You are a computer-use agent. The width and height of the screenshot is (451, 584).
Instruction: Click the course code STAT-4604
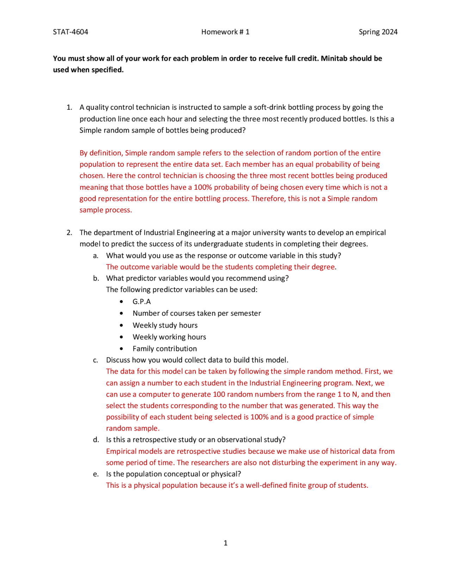pyautogui.click(x=70, y=32)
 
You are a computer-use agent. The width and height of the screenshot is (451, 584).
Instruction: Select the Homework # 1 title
pyautogui.click(x=225, y=32)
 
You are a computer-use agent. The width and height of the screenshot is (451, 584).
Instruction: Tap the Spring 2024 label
pyautogui.click(x=378, y=32)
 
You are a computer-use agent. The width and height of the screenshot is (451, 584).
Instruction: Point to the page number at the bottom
pyautogui.click(x=225, y=543)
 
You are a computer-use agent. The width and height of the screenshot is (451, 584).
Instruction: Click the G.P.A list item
pyautogui.click(x=142, y=302)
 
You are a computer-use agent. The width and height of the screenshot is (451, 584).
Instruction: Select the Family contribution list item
pyautogui.click(x=165, y=349)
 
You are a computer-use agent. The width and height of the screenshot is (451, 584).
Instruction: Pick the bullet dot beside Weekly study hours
pyautogui.click(x=122, y=325)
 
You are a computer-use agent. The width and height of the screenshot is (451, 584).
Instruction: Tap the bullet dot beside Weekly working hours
pyautogui.click(x=122, y=337)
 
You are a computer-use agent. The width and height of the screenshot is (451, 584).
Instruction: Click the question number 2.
pyautogui.click(x=69, y=233)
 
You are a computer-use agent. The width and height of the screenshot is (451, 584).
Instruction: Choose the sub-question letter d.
pyautogui.click(x=96, y=440)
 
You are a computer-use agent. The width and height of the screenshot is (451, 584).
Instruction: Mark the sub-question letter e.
pyautogui.click(x=96, y=474)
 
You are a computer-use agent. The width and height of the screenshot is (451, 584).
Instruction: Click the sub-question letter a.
pyautogui.click(x=96, y=256)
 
